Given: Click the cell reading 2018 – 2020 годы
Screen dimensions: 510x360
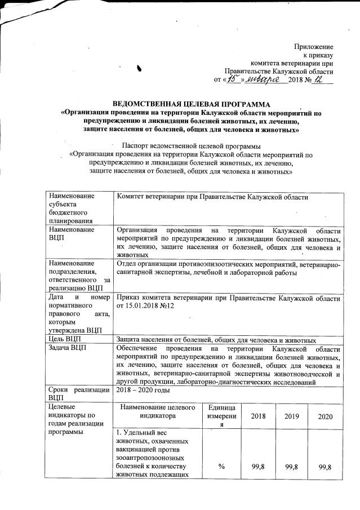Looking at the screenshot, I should pyautogui.click(x=141, y=390).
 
